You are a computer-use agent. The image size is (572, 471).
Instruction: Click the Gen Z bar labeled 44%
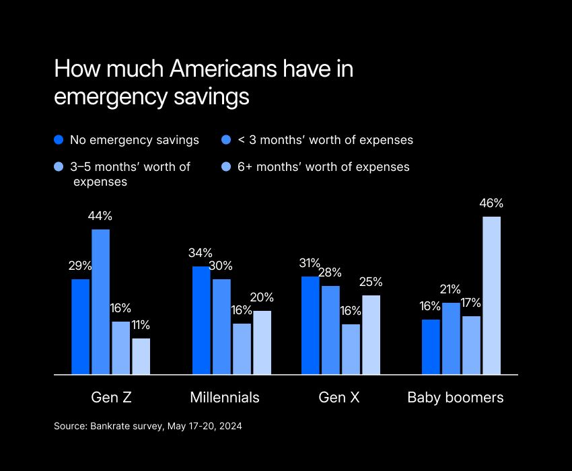tap(101, 301)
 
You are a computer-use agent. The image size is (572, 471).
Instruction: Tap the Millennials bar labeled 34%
tap(201, 320)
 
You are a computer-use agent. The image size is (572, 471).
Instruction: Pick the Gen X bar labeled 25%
tap(371, 334)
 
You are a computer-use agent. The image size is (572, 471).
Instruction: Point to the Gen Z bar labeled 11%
tap(141, 356)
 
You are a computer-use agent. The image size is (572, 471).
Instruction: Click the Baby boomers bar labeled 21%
tap(451, 338)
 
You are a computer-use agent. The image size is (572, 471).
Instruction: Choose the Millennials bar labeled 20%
tap(262, 342)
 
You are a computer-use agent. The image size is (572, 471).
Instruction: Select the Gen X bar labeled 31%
tap(310, 325)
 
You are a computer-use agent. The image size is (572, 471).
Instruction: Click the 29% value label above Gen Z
tap(81, 266)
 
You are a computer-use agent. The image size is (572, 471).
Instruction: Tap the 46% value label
tap(492, 203)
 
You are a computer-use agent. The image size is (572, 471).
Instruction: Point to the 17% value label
tap(471, 303)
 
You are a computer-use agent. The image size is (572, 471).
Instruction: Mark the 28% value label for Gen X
tap(330, 273)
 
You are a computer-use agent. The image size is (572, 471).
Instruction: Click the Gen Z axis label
tap(111, 398)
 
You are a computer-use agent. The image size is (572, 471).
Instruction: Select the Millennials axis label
tap(225, 398)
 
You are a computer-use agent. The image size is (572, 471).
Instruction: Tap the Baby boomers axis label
tap(456, 398)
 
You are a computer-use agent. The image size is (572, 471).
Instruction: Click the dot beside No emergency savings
tap(59, 140)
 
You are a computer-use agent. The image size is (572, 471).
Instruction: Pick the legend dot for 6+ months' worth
tap(227, 166)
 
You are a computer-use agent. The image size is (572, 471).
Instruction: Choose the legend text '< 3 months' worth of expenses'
tap(326, 140)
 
